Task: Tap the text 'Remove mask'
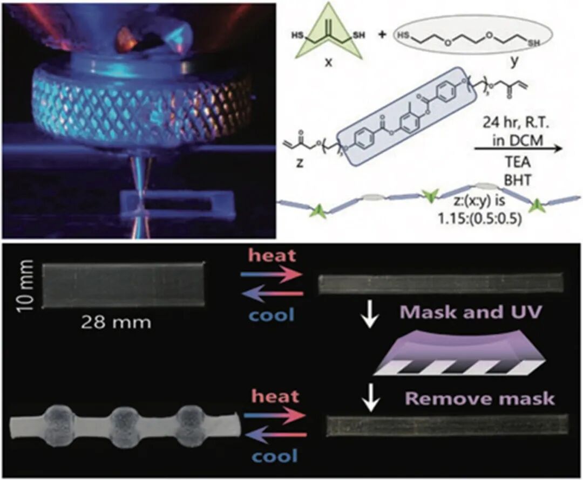479,399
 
